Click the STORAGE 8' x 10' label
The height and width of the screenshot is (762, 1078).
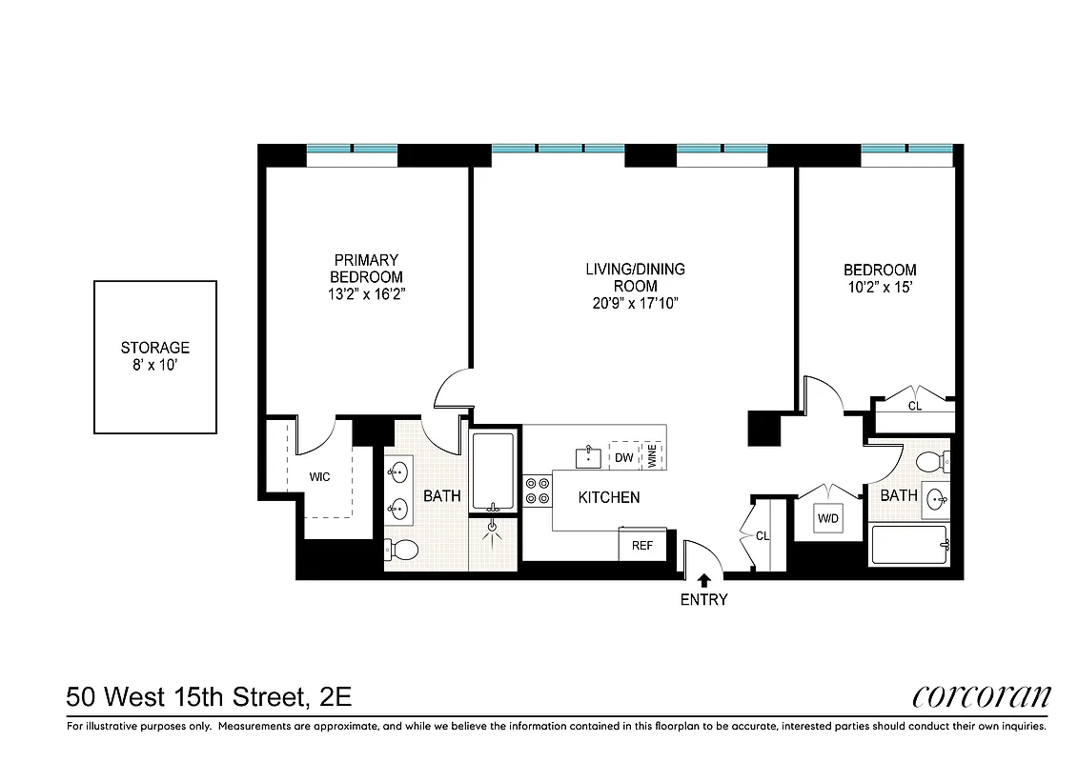point(154,356)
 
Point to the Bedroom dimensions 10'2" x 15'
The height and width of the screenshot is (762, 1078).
point(880,287)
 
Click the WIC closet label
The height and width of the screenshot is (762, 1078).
point(318,476)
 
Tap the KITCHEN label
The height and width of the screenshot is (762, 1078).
point(608,497)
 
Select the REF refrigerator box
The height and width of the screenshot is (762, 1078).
point(642,545)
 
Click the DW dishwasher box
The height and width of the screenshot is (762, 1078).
point(624,457)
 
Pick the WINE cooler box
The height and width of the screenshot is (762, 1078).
point(653,456)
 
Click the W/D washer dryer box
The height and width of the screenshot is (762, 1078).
point(825,520)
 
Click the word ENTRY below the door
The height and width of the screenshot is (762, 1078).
point(704,599)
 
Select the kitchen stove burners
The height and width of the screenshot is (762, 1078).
point(538,490)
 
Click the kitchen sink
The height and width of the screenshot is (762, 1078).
point(588,455)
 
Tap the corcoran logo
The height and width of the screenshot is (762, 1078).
point(981,697)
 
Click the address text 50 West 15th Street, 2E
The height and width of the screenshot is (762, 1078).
point(210,697)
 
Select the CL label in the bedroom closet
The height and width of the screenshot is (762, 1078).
point(914,406)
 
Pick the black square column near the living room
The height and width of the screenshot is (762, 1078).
point(764,428)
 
